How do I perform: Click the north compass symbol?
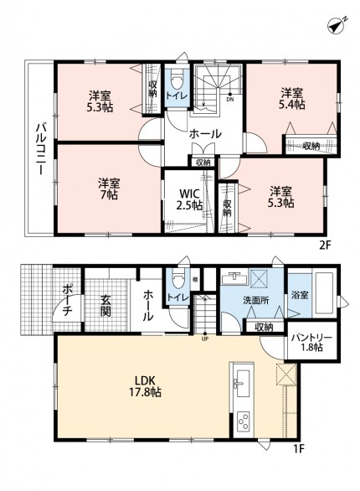(x=337, y=25)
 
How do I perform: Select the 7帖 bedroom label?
(x=109, y=189)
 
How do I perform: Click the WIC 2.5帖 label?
(x=188, y=199)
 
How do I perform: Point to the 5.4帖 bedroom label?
(x=291, y=99)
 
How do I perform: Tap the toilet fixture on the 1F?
(x=177, y=280)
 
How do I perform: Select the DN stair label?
(x=230, y=100)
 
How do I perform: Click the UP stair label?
(x=205, y=339)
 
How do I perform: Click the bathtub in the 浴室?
(x=325, y=293)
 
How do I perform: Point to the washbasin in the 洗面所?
(x=234, y=278)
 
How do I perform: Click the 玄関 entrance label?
(x=105, y=305)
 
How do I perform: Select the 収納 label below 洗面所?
(x=264, y=327)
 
